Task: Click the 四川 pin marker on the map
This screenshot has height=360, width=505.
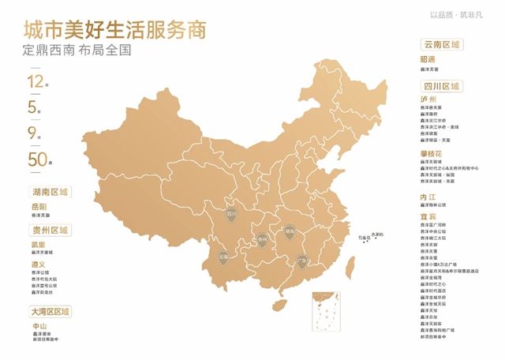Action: click(x=232, y=214)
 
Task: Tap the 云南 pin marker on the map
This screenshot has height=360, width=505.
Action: click(x=223, y=258)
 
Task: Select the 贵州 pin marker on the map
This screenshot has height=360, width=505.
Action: click(x=262, y=238)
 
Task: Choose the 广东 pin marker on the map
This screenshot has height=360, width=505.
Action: click(x=301, y=261)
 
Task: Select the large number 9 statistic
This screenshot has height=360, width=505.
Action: click(x=33, y=132)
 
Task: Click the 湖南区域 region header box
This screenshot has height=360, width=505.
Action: click(x=50, y=192)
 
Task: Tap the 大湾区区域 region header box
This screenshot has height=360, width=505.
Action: click(x=50, y=312)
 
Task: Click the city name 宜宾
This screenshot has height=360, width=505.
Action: click(x=428, y=215)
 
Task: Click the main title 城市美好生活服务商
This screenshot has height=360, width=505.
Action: click(x=115, y=31)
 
